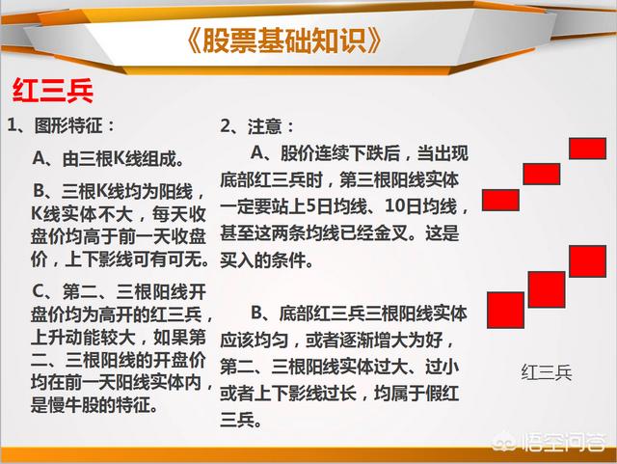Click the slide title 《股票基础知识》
[x=283, y=41]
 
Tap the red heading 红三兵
[x=53, y=91]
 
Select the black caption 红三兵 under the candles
[x=547, y=372]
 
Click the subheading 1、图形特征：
[x=61, y=126]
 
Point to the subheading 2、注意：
[x=257, y=126]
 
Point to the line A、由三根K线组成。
[x=108, y=159]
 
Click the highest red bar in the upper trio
[x=587, y=149]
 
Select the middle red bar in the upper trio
[x=542, y=174]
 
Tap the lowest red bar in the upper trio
[x=500, y=200]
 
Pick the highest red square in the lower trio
[x=587, y=261]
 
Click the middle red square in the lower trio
[x=547, y=289]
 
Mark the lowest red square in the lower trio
[x=505, y=310]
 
